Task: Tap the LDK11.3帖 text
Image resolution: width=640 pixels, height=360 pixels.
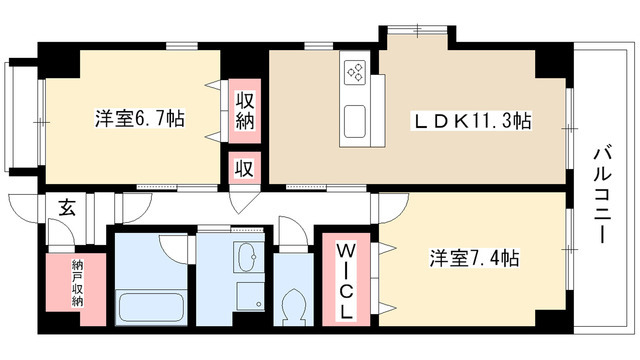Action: [473, 122]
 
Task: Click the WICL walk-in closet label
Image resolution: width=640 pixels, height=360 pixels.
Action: [343, 279]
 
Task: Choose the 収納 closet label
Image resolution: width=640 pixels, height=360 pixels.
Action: [245, 113]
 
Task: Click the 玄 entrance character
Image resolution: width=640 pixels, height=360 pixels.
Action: [66, 209]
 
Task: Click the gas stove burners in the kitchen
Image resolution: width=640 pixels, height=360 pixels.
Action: [356, 72]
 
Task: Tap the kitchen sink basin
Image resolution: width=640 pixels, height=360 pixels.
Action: [357, 122]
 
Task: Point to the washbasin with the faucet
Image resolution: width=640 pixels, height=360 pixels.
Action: [246, 261]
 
